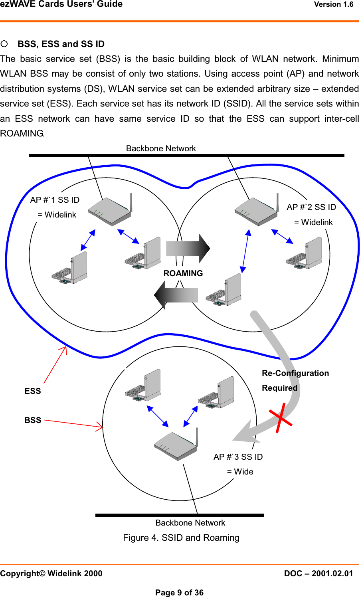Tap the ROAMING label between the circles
coord(183,273)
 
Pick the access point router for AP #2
coord(257,210)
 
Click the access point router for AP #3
coord(176,445)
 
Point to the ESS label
coord(33,391)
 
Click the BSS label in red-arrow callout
coord(33,420)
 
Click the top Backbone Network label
coord(161,148)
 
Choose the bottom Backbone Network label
coord(190,523)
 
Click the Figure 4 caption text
coord(181,538)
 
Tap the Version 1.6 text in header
coord(334,4)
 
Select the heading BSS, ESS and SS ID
coord(61,44)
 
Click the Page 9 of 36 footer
coord(180,593)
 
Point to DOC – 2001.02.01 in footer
coord(318,573)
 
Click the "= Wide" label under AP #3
coord(240,472)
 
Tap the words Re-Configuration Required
coord(295,380)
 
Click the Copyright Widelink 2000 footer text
coord(51,573)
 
